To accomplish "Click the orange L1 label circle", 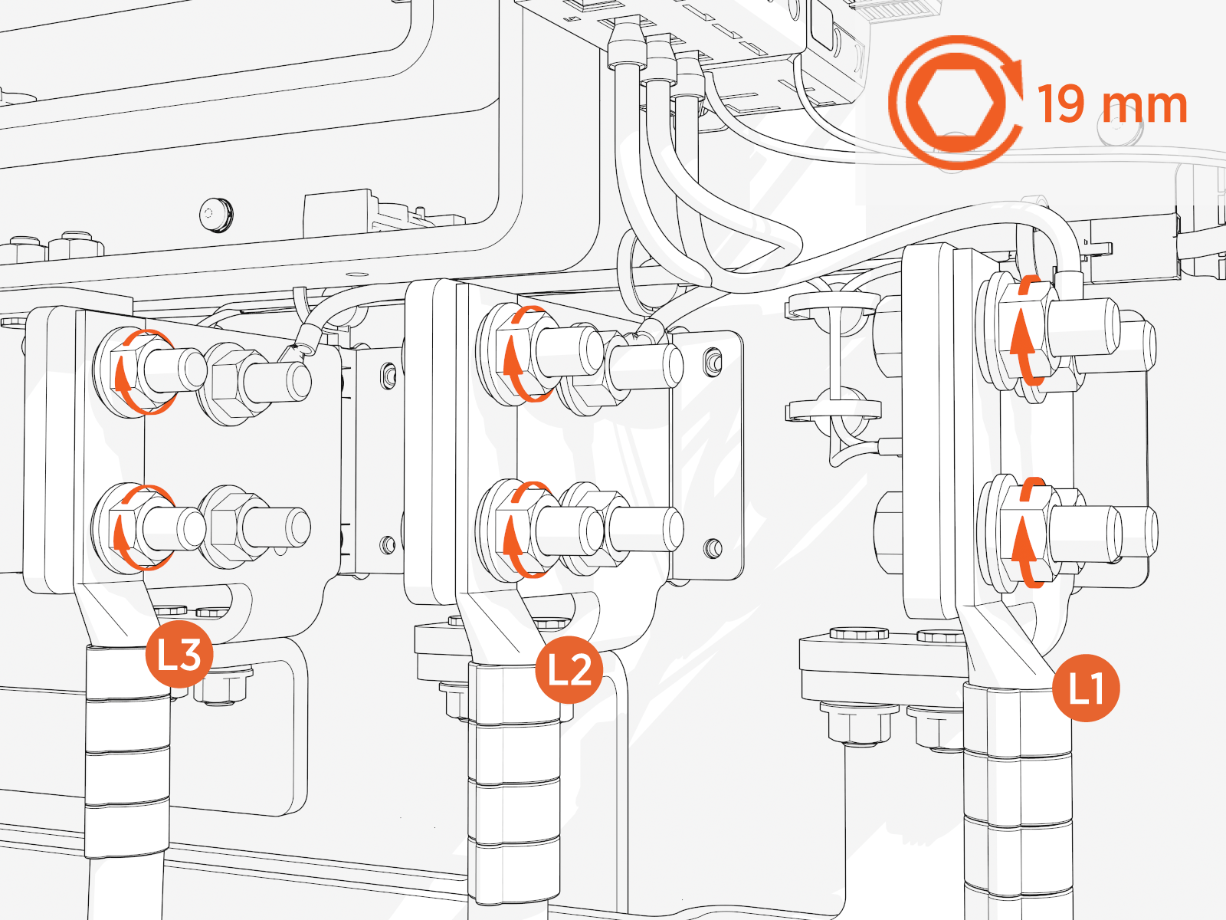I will [1086, 688].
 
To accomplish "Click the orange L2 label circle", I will [569, 669].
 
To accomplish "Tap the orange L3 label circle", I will [179, 654].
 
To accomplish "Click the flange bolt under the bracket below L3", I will [222, 685].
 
